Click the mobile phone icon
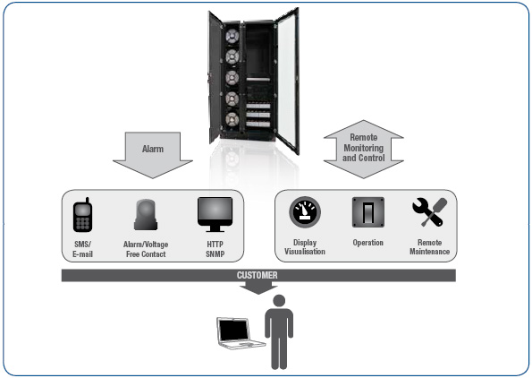[82, 215]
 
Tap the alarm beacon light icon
[146, 215]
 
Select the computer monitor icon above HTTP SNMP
[215, 214]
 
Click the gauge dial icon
[305, 212]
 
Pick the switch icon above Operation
[368, 212]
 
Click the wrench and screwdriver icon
[429, 212]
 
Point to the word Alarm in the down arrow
[153, 149]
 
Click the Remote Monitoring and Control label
[363, 148]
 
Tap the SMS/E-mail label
[82, 249]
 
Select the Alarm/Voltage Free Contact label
[146, 249]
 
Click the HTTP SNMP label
[215, 249]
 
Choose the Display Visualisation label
[305, 247]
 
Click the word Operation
[368, 243]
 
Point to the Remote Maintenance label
[429, 247]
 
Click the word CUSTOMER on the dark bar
[258, 275]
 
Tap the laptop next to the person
[240, 333]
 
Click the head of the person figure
[279, 301]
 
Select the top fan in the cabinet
[232, 36]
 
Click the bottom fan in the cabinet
[232, 120]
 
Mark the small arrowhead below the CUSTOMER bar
[258, 289]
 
